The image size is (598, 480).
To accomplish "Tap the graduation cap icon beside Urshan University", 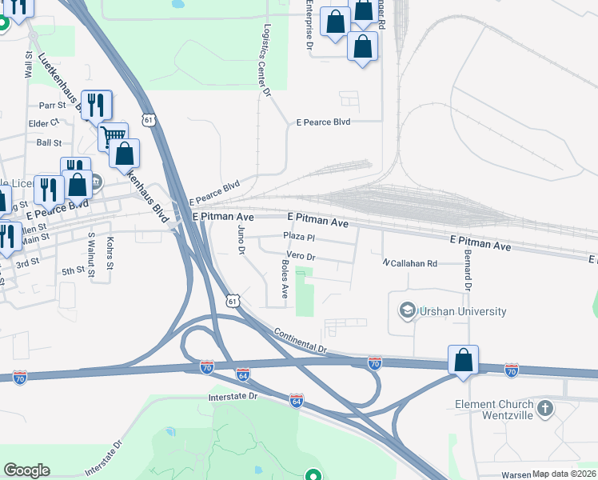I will coord(407,310).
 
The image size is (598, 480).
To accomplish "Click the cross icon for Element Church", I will coord(545,410).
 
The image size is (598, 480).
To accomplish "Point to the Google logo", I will coord(26,470).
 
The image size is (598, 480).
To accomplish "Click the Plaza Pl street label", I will coord(301,238).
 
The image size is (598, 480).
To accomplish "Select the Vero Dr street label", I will coord(301,258).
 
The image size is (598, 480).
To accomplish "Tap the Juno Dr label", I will coord(241,240).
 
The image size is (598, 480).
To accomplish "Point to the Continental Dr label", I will coord(301,342).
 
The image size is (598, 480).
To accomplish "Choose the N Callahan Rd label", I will coord(409,263).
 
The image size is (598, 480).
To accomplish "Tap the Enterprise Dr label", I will coord(309,24).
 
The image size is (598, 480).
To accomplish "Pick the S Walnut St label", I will coord(92,255).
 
